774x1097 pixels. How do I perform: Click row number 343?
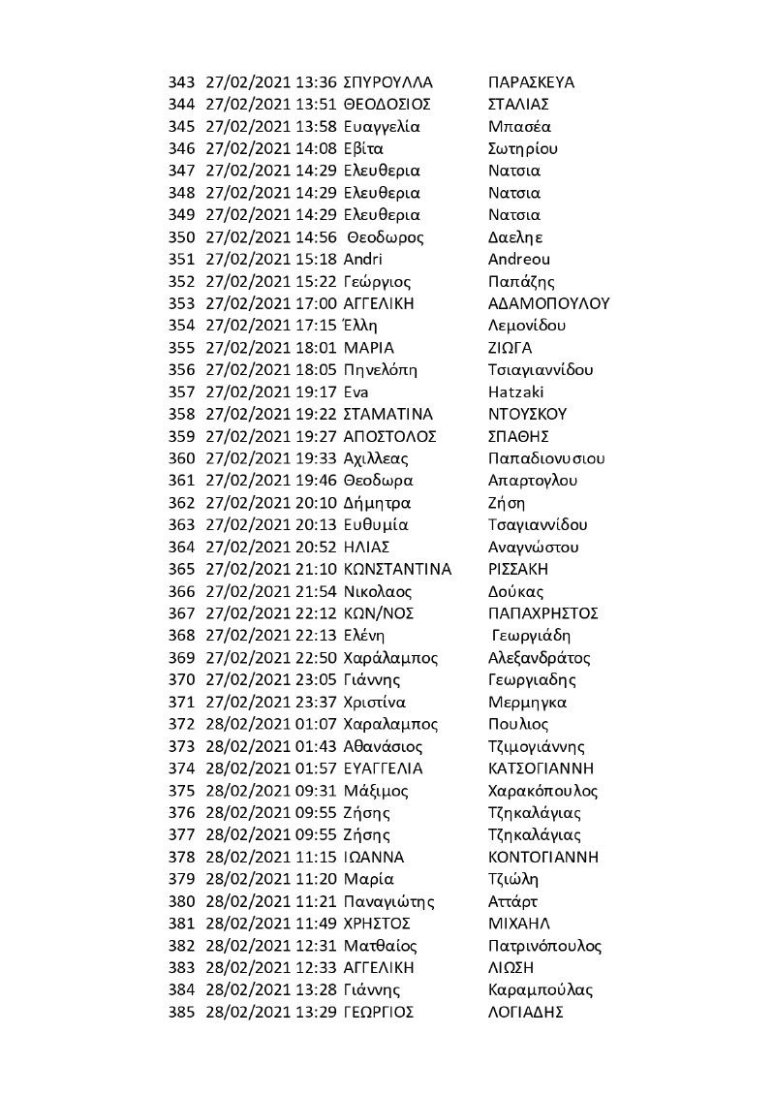click(x=182, y=81)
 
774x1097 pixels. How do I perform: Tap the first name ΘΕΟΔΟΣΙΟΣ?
click(x=387, y=104)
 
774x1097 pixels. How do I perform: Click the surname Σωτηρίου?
click(x=524, y=148)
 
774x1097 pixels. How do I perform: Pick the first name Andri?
click(x=363, y=259)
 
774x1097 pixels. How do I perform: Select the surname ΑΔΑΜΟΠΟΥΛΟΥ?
click(x=549, y=303)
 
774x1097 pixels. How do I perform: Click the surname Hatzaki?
click(x=517, y=392)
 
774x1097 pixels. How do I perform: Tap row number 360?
click(x=182, y=458)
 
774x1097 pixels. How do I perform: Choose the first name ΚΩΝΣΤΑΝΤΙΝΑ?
click(x=398, y=569)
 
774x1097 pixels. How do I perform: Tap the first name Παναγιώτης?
click(x=389, y=901)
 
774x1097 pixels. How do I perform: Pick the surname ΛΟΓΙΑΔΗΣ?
click(x=527, y=1012)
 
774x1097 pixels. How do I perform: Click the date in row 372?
click(x=246, y=724)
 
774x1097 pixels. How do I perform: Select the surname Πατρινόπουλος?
click(x=546, y=946)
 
